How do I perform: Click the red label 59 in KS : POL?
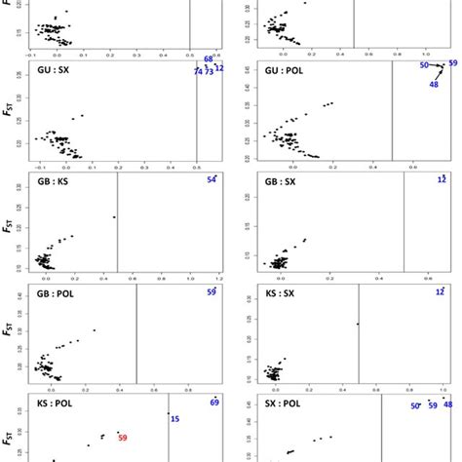tap(123, 437)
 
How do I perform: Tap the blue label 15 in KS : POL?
tap(174, 419)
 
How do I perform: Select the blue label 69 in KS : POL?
tap(214, 403)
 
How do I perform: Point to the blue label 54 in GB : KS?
tap(212, 180)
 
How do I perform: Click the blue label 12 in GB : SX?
tap(442, 179)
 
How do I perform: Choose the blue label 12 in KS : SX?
tap(442, 291)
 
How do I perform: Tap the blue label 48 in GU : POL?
tap(433, 84)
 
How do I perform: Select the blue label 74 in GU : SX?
tap(198, 72)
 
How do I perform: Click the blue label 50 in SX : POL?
tap(414, 405)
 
